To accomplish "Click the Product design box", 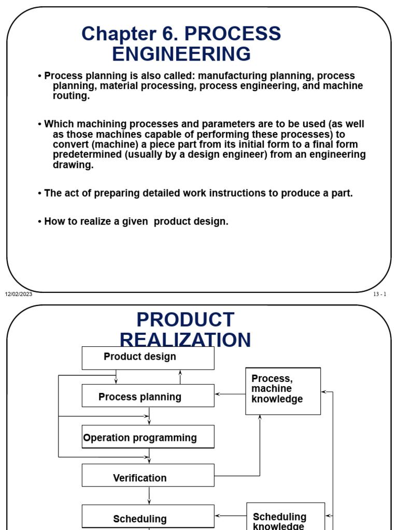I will point(148,358).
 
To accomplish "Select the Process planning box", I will point(148,396).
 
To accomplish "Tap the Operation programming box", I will point(148,437).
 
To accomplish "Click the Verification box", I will point(148,476).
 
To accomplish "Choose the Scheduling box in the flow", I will point(148,517).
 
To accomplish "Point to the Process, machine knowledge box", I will point(283,391).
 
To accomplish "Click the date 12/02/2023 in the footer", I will point(19,295).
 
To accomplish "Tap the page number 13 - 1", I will point(379,295).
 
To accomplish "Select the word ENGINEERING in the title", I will point(181,54).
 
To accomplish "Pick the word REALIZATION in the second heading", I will point(185,340).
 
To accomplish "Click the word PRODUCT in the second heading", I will point(185,320).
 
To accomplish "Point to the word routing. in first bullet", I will point(71,96).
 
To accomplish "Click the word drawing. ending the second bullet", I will point(73,165).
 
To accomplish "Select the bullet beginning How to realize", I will point(133,222).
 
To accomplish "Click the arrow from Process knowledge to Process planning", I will point(230,394).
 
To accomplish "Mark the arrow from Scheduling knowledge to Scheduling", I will point(231,516).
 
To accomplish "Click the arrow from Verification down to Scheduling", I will point(149,495).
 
